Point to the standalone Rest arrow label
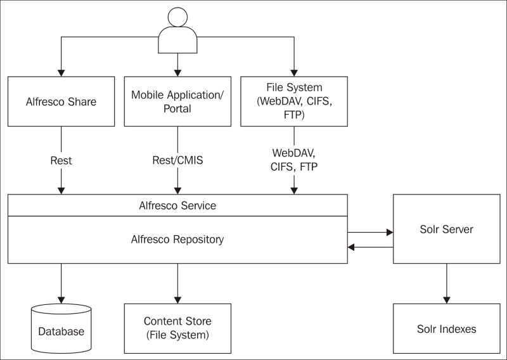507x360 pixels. tap(61, 160)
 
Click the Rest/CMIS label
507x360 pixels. tap(177, 160)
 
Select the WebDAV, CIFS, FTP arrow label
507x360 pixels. tap(294, 160)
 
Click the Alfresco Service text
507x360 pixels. tap(177, 205)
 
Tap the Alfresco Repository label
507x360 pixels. tap(177, 240)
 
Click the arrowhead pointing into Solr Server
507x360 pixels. tap(390, 232)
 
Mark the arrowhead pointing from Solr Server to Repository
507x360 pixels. tap(351, 247)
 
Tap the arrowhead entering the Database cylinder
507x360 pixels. tap(61, 300)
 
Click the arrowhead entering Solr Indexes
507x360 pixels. tap(447, 300)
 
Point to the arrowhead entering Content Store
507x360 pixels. tap(177, 300)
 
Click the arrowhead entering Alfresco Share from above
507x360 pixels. tap(61, 73)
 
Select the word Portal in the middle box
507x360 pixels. tap(177, 108)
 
